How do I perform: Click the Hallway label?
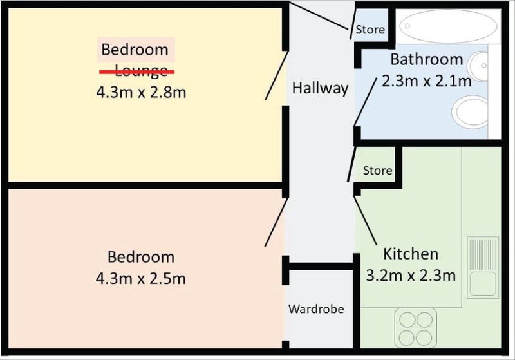(x=320, y=88)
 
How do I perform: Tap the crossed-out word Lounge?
(x=137, y=71)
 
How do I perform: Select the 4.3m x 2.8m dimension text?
(x=141, y=92)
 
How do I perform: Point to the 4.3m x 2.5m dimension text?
(x=141, y=279)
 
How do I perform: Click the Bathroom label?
(x=427, y=59)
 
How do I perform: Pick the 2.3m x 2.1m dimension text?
(x=427, y=81)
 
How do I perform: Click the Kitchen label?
(x=411, y=254)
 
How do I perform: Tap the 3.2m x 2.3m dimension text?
(x=411, y=275)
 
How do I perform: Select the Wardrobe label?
(x=316, y=308)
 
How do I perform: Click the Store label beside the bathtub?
(x=370, y=30)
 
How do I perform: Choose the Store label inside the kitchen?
(x=377, y=171)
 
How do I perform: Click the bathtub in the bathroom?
(x=448, y=26)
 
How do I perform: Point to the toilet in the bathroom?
(x=470, y=112)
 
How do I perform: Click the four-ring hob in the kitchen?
(x=415, y=328)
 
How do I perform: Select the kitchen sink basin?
(x=483, y=284)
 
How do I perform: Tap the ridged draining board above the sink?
(x=483, y=254)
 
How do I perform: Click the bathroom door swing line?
(x=365, y=102)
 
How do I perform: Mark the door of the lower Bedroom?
(x=277, y=222)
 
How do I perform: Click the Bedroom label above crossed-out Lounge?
(x=135, y=50)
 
